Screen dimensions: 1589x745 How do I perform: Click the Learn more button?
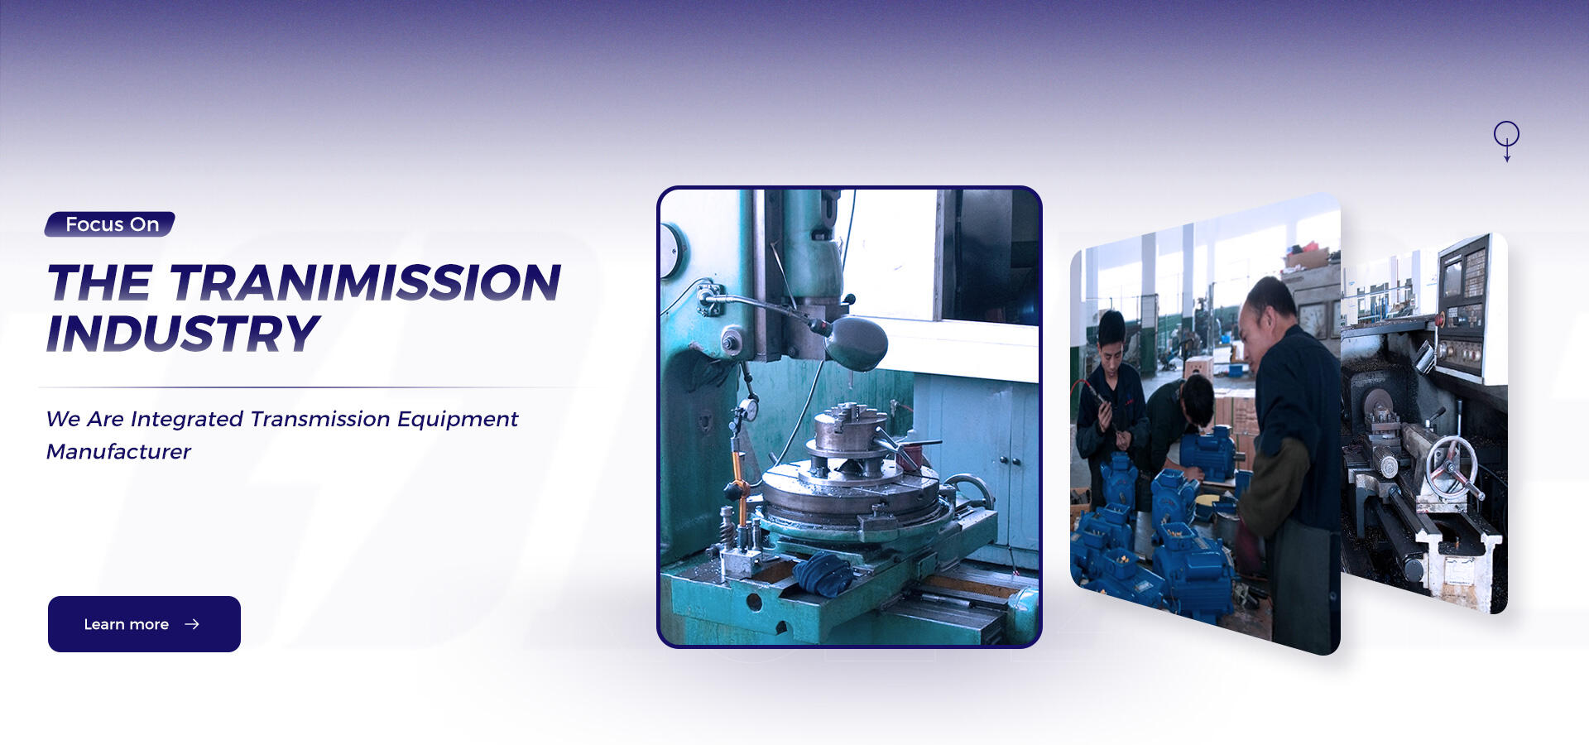tap(144, 624)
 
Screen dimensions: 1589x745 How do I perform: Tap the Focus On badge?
tap(110, 224)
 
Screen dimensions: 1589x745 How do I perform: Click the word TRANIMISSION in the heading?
tap(365, 283)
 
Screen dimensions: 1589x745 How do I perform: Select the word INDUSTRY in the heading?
tap(182, 334)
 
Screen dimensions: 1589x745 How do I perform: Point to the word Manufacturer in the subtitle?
tap(118, 451)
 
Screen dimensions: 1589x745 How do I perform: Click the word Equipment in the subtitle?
tap(458, 420)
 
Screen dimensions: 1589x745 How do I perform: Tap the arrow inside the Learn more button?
tap(192, 624)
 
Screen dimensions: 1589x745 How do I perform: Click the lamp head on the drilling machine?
tap(857, 342)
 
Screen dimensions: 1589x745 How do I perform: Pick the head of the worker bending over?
tap(1196, 400)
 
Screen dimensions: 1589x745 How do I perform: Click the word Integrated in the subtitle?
tap(187, 420)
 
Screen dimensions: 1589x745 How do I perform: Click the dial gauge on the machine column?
tap(747, 408)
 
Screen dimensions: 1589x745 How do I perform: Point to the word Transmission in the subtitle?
tap(320, 419)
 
